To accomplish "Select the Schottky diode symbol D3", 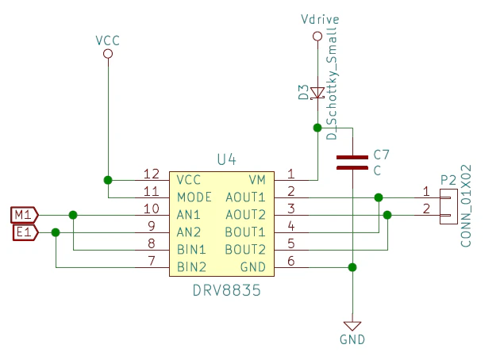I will [x=317, y=94].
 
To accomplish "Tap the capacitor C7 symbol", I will [x=352, y=163].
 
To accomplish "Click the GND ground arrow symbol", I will [x=352, y=325].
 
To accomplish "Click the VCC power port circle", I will [x=108, y=53].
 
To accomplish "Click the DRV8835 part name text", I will [x=226, y=291].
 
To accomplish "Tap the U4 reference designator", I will [x=226, y=159].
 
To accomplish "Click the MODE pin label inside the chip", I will [x=194, y=197].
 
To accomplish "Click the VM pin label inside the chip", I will [x=257, y=179].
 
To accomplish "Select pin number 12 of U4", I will [x=151, y=174].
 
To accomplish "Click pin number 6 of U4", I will [x=291, y=262].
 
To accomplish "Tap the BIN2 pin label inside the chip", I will [x=192, y=266].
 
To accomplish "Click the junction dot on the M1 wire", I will [x=73, y=214].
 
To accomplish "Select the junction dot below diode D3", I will [x=317, y=127].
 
